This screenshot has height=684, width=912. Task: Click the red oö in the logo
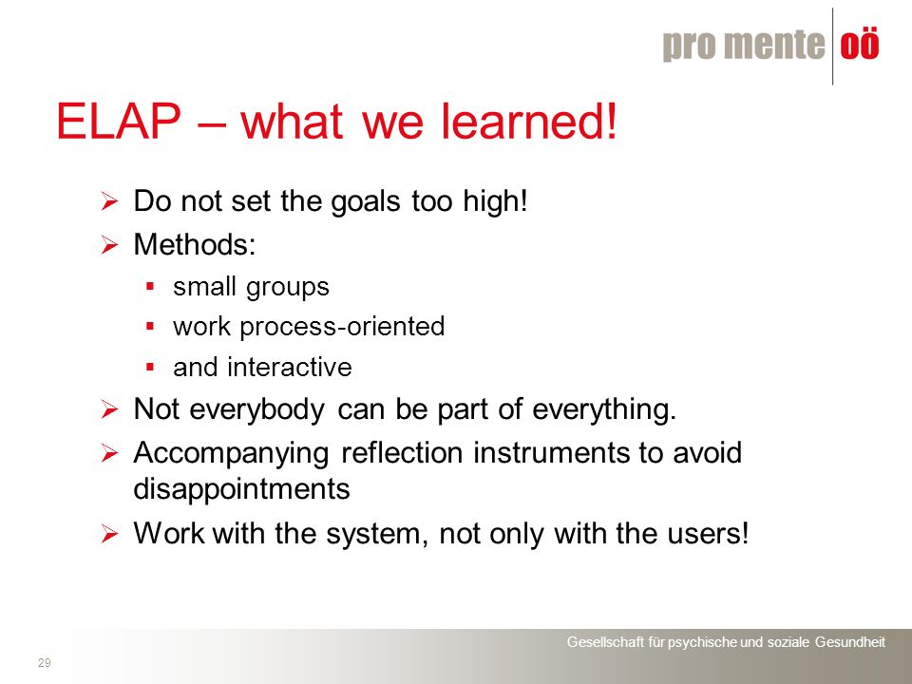click(860, 45)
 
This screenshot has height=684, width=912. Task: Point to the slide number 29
click(45, 662)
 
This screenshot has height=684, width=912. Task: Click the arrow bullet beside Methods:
click(109, 245)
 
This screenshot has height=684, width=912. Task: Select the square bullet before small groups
click(150, 286)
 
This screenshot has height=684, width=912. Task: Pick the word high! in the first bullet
click(495, 201)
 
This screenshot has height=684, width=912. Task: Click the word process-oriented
click(342, 327)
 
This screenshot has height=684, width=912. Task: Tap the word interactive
click(290, 368)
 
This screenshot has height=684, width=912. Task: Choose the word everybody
click(257, 409)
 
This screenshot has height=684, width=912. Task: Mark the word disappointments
click(242, 489)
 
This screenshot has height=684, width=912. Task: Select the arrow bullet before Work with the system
click(109, 533)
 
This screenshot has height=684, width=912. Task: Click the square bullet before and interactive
click(150, 367)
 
